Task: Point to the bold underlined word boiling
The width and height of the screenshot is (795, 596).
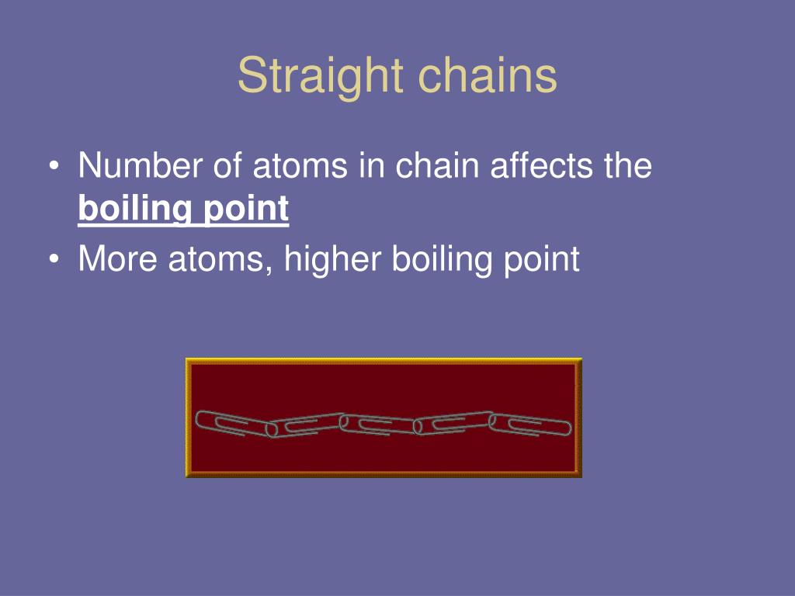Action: pyautogui.click(x=134, y=210)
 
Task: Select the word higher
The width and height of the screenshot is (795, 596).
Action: pyautogui.click(x=334, y=258)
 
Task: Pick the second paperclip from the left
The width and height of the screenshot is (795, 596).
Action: pyautogui.click(x=306, y=424)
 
